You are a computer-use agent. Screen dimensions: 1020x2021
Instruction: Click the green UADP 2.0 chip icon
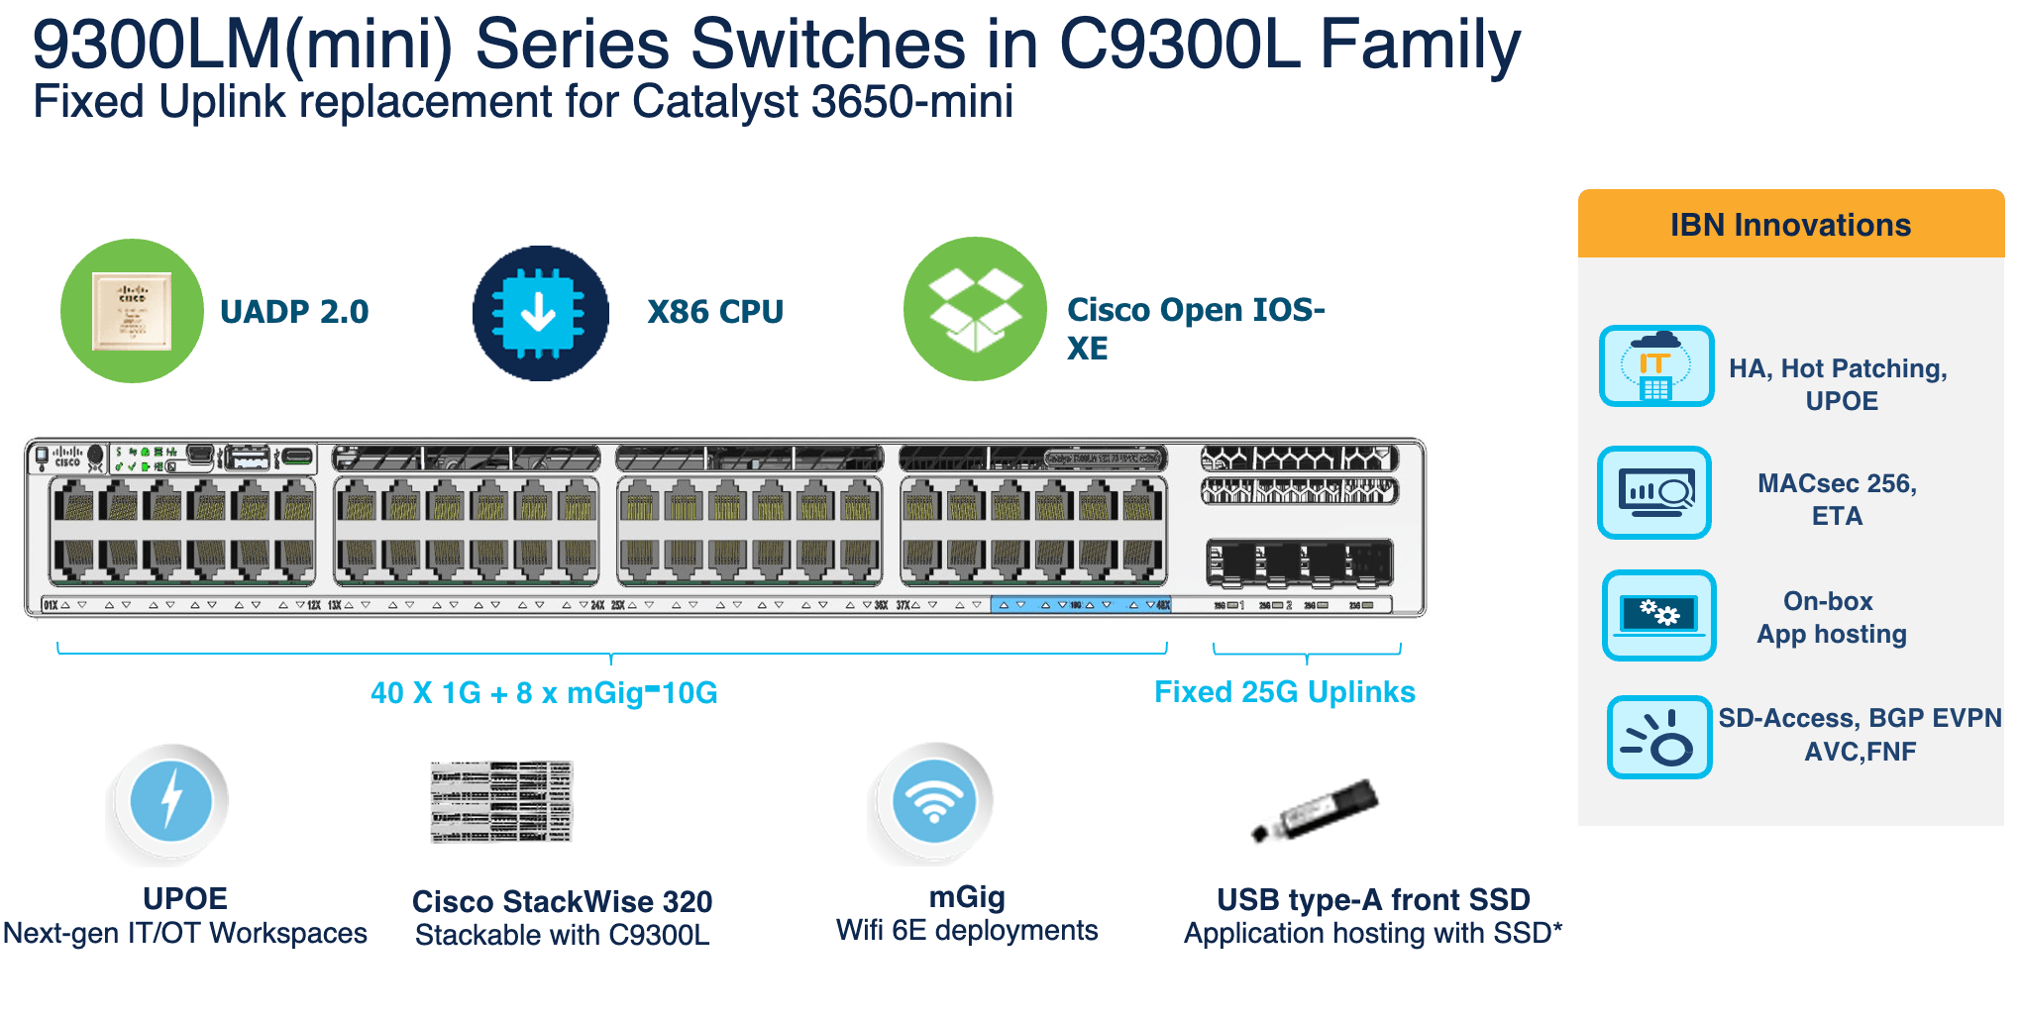pos(132,311)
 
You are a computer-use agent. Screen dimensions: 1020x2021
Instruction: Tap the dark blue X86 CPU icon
pos(540,313)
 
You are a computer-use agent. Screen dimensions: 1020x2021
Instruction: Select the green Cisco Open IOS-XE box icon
pos(975,309)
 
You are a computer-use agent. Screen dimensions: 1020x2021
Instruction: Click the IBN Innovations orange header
pos(1790,225)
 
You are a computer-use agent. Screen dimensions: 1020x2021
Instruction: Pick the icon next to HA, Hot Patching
pos(1655,366)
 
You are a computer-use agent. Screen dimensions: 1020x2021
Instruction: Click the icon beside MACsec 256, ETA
pos(1654,492)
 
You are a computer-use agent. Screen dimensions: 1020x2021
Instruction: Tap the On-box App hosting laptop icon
pos(1658,615)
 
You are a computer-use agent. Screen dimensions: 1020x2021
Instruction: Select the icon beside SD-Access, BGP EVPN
pos(1658,738)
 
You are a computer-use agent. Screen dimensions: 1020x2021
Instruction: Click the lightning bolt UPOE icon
pos(171,800)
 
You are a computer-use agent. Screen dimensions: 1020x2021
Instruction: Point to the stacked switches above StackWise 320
pos(501,801)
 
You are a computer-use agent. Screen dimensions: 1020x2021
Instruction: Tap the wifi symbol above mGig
pos(933,800)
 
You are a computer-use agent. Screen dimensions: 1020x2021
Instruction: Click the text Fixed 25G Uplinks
pos(1284,691)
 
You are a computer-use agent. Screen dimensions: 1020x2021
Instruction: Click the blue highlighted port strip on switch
pos(1080,604)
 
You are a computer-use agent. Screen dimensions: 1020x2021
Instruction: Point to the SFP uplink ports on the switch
pos(1299,562)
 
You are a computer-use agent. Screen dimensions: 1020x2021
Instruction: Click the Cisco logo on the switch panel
pos(67,457)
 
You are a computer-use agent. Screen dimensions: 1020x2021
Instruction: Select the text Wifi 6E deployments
pos(967,930)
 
